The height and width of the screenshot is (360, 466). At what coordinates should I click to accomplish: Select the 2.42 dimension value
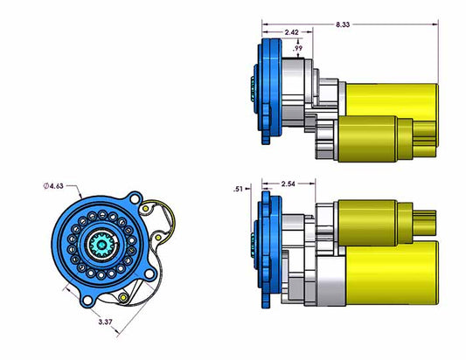tap(293, 32)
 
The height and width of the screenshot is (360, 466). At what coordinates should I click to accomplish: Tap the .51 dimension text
tap(237, 189)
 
